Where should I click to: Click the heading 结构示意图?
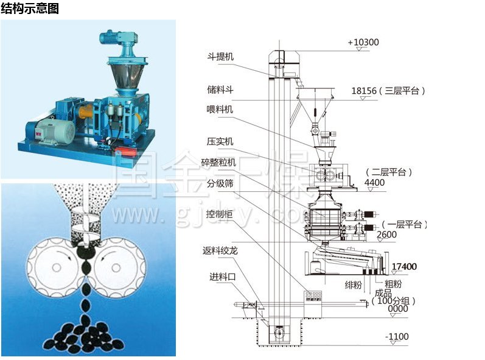tap(30, 9)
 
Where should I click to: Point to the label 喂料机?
tap(219, 110)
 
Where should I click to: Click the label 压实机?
tap(220, 142)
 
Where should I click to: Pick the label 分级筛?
tap(220, 183)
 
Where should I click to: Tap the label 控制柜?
tap(220, 214)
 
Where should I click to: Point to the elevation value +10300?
tap(363, 43)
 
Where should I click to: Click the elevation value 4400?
tap(374, 182)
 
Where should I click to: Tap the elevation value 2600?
tap(387, 235)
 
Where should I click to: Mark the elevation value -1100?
tap(397, 336)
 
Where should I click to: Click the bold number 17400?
tap(404, 267)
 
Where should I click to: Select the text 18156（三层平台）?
tap(388, 91)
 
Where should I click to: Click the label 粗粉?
tap(393, 283)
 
